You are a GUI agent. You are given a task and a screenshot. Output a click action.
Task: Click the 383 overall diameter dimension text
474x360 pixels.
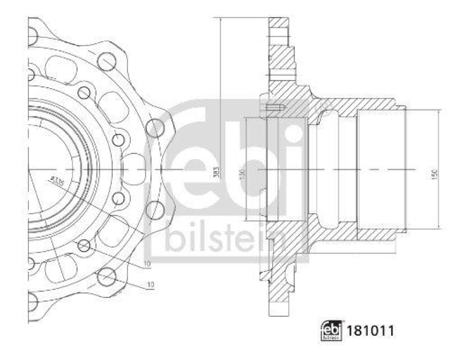pyautogui.click(x=217, y=171)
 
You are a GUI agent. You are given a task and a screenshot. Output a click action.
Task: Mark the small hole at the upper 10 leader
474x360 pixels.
pyautogui.click(x=84, y=246)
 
